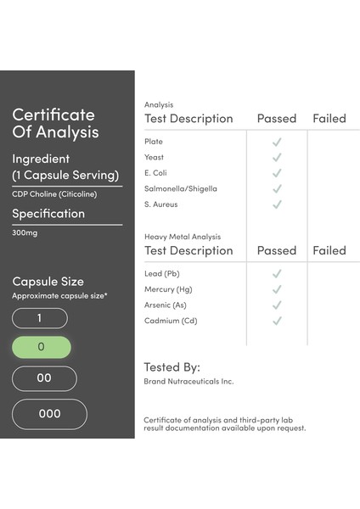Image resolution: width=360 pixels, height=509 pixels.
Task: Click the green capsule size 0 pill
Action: coord(42,347)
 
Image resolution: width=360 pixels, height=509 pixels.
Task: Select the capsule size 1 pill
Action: coord(40,318)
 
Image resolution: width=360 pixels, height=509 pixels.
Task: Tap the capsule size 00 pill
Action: coord(44,378)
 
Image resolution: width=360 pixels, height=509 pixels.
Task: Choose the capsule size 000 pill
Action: coord(49,414)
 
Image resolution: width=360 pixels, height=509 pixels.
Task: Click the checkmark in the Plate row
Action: coord(277,142)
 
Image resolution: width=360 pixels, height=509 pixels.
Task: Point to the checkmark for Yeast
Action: coord(277,158)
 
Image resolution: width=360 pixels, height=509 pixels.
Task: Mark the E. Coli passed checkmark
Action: coord(277,173)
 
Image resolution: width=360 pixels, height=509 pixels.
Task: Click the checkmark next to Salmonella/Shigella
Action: coord(277,189)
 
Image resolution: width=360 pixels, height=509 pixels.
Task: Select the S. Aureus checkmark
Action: coord(277,204)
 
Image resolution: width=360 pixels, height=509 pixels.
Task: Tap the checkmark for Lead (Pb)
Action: coord(277,273)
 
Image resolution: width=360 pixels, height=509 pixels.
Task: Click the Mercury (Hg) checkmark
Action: coord(277,289)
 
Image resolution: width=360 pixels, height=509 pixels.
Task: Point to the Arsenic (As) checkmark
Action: coord(277,305)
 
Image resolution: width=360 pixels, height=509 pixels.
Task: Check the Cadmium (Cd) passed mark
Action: coord(277,321)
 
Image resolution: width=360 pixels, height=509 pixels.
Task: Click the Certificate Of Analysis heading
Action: coord(55,123)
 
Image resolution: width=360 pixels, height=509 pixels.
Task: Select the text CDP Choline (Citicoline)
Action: coord(54,194)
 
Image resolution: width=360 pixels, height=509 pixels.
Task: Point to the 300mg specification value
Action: coord(25,232)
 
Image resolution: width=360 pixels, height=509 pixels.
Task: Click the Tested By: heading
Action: coord(172,367)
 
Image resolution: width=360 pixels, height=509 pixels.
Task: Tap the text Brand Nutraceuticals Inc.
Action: coord(188,382)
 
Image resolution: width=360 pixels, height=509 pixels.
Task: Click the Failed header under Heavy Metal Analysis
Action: coord(329,250)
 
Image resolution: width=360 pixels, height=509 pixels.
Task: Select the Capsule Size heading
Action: coord(48,282)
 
